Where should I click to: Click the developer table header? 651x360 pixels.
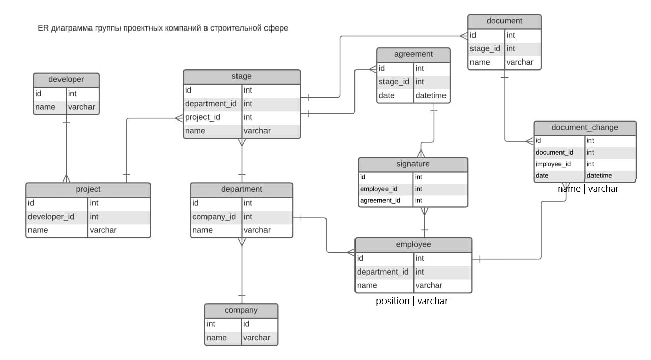click(x=66, y=80)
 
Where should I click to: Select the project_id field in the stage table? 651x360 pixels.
click(x=202, y=117)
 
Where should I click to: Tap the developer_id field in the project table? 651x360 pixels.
click(x=51, y=217)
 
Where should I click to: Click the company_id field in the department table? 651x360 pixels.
click(x=214, y=217)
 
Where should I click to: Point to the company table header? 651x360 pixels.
click(x=241, y=310)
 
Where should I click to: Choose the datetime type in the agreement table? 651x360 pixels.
click(x=431, y=96)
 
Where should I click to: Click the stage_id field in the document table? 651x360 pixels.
click(x=485, y=49)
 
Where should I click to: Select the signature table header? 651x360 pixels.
click(x=413, y=164)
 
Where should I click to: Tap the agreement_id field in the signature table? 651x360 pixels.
click(x=380, y=201)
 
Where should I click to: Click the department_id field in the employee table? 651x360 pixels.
click(x=382, y=272)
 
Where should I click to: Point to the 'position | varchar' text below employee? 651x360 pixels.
click(x=411, y=301)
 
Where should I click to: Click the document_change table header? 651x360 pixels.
click(x=585, y=128)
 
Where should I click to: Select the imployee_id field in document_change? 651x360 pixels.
click(x=553, y=164)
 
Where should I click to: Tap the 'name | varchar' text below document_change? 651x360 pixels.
click(x=588, y=189)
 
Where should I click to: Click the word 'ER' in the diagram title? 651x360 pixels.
click(x=43, y=28)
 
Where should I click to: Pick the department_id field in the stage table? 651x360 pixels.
click(x=211, y=104)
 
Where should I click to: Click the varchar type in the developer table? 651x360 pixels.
click(x=81, y=107)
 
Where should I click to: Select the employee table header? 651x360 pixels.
click(x=413, y=245)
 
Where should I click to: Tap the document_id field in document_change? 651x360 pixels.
click(x=554, y=153)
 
